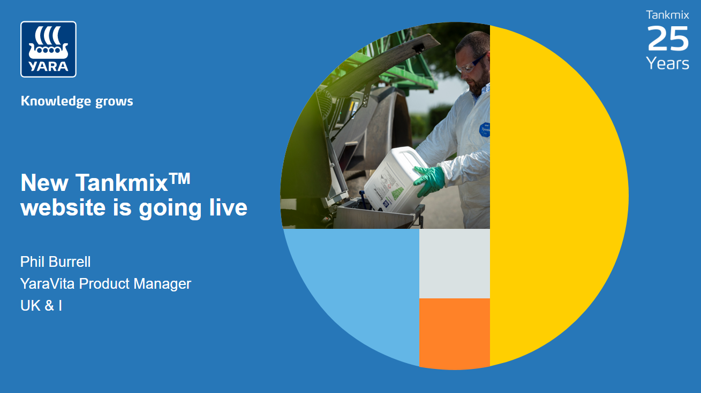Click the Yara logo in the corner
pyautogui.click(x=48, y=49)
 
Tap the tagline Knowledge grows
pyautogui.click(x=77, y=101)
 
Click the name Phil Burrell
pyautogui.click(x=56, y=262)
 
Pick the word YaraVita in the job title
pyautogui.click(x=48, y=283)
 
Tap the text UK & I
pyautogui.click(x=41, y=306)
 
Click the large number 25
pyautogui.click(x=667, y=39)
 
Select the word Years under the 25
pyautogui.click(x=667, y=64)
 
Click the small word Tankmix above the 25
pyautogui.click(x=667, y=15)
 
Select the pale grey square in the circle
pyautogui.click(x=454, y=263)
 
